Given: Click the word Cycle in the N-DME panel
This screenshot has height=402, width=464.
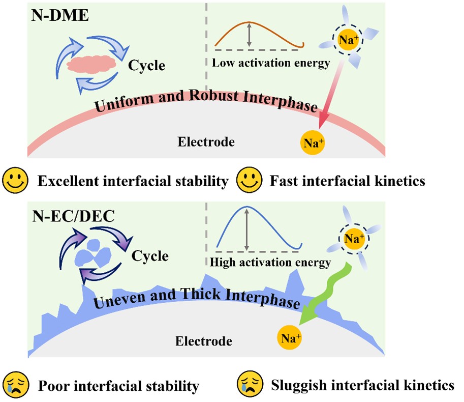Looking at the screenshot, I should [147, 66].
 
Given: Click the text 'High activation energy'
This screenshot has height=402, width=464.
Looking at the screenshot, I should [270, 263].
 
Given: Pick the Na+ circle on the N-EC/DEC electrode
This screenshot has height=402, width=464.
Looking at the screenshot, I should [289, 337].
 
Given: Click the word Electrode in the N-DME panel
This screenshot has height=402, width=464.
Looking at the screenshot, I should [206, 141].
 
